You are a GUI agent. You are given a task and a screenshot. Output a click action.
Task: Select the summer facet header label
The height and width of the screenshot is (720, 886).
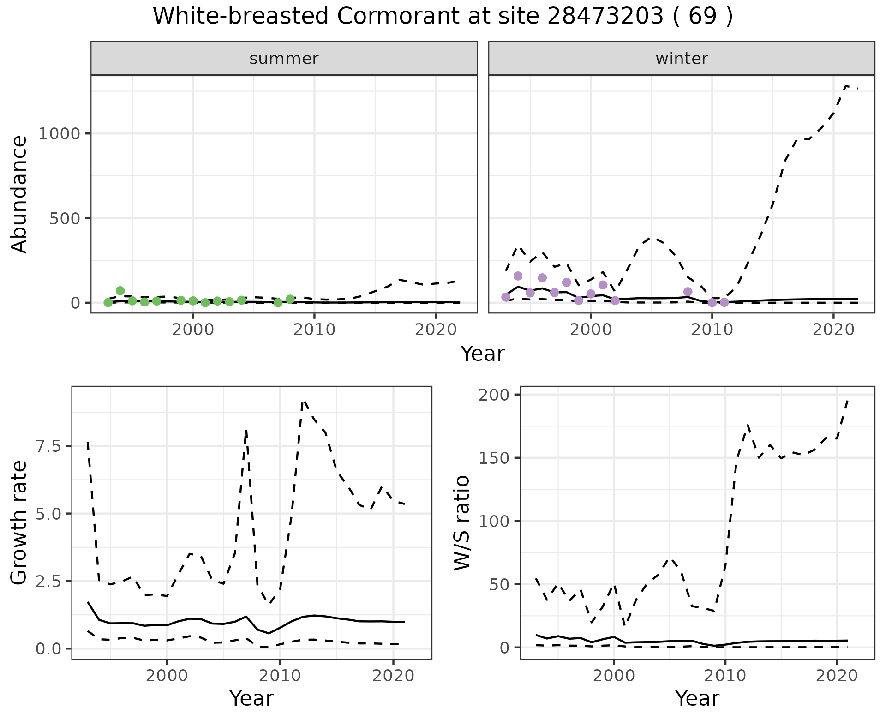(x=284, y=59)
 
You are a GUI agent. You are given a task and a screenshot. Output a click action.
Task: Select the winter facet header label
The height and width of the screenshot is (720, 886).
(x=682, y=59)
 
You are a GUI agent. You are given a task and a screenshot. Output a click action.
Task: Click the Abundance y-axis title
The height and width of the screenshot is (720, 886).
(x=19, y=194)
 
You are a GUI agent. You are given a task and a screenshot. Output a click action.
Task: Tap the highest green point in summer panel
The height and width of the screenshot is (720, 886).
(x=120, y=291)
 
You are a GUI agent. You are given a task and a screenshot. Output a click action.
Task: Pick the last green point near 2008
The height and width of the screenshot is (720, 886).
(x=290, y=299)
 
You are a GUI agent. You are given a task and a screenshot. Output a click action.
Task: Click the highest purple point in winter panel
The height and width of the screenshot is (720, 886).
(x=518, y=276)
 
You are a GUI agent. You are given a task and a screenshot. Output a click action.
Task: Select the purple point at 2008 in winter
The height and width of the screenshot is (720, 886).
(x=688, y=292)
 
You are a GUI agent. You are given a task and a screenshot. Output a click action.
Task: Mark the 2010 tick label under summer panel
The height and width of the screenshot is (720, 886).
(x=314, y=330)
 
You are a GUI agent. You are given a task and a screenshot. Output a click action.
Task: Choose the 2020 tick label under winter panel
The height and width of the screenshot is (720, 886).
(x=833, y=330)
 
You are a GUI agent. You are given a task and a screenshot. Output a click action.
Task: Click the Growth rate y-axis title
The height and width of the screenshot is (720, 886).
(x=19, y=522)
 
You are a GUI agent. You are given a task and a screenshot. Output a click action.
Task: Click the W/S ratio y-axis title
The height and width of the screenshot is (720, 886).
(x=461, y=522)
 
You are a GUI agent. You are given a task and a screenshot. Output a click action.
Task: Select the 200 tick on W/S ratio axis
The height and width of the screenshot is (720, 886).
(x=495, y=395)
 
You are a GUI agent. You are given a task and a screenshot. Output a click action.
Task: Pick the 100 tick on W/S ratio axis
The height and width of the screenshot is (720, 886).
(x=495, y=521)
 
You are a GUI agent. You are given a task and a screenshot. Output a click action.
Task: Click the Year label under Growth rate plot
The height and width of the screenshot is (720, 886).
(x=251, y=699)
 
